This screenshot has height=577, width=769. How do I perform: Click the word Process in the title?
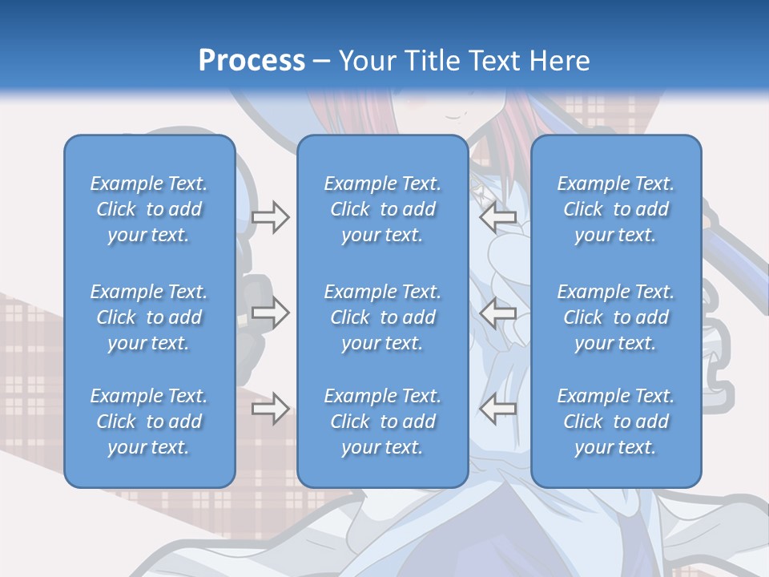pos(252,60)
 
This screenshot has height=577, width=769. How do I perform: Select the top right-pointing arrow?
pos(271,217)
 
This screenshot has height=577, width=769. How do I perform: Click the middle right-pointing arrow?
pos(271,313)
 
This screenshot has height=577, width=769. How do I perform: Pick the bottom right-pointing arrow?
pos(271,409)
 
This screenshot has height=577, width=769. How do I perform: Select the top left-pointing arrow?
pos(498,217)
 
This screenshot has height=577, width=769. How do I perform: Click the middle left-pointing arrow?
pos(498,313)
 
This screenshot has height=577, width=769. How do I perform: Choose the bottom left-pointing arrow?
pos(498,409)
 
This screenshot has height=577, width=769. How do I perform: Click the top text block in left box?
pos(149,209)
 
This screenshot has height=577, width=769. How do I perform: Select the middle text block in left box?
pos(149,317)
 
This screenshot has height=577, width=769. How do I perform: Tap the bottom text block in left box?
pos(149,422)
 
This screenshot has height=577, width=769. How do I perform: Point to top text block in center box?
pos(383,209)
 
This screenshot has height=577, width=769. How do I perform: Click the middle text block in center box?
pos(383,317)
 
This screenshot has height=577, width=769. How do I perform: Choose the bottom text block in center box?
pos(383,422)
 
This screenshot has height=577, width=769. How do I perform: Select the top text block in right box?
pos(616,209)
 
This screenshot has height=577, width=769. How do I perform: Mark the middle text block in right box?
pos(616,317)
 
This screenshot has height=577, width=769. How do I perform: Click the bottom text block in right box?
pos(616,422)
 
